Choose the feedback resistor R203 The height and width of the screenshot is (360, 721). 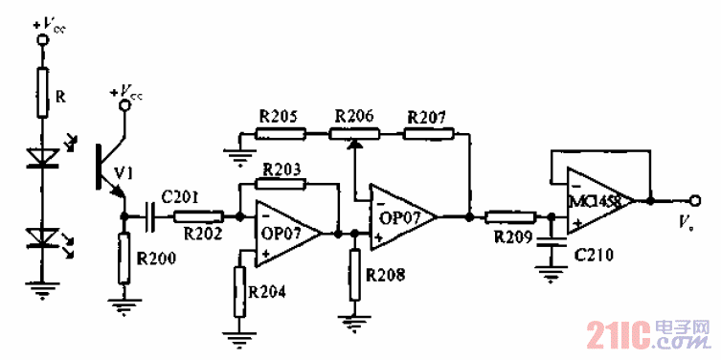(282, 182)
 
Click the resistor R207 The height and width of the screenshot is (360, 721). (425, 133)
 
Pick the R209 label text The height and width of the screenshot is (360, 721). (512, 236)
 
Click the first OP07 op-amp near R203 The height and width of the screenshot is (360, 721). (283, 231)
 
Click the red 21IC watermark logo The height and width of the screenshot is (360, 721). (617, 335)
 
